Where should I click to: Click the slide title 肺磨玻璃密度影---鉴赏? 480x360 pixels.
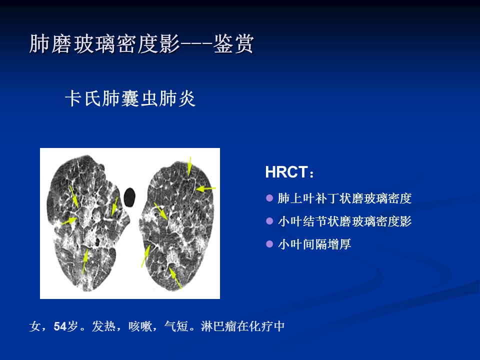point(141,44)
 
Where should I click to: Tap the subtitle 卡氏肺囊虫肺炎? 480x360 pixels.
point(130,98)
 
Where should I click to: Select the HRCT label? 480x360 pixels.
point(289,172)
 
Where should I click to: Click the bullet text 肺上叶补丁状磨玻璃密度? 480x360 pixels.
point(344,198)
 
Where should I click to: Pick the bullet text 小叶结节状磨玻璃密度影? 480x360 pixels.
point(344,221)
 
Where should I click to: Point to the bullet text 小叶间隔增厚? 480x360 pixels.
point(314,244)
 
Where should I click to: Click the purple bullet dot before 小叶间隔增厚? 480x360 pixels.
point(269,244)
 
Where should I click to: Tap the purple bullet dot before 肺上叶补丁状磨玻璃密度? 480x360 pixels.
point(269,198)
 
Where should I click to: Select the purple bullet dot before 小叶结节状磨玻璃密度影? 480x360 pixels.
point(269,221)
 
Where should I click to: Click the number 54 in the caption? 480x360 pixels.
point(60,326)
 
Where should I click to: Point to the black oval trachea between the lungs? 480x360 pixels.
point(129,197)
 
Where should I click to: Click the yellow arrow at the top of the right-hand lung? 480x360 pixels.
point(190,166)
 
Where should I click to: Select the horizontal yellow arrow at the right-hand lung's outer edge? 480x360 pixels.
point(205,189)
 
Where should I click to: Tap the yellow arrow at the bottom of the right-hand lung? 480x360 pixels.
point(175,278)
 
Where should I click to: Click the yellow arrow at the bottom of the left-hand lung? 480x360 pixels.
point(85,261)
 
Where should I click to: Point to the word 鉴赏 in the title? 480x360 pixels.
point(233,44)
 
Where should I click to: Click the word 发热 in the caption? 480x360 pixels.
point(104,326)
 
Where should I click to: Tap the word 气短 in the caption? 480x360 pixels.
point(176,326)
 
